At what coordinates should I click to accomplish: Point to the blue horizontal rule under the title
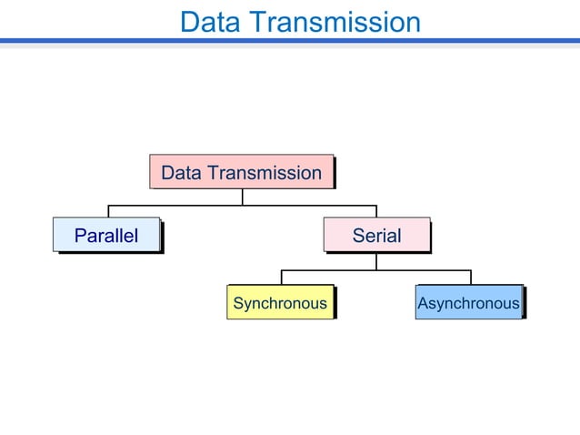[290, 41]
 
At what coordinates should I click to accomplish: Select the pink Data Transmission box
[241, 172]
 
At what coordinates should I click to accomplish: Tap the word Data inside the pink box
[181, 173]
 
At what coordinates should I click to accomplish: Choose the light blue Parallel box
[106, 235]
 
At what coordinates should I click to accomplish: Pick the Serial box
[376, 235]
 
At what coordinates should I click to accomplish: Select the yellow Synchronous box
[279, 302]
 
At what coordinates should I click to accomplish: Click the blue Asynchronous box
[468, 302]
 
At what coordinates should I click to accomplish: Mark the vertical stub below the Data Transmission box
[242, 197]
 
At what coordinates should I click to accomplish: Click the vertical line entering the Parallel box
[109, 211]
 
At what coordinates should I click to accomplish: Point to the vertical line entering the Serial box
[376, 211]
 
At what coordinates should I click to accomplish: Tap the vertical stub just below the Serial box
[376, 260]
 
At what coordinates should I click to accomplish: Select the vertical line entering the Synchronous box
[281, 277]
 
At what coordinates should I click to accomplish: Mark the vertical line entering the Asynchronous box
[470, 277]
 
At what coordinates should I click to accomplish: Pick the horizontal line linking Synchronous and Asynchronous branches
[327, 270]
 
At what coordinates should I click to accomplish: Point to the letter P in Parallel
[80, 236]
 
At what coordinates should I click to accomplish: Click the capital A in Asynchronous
[423, 303]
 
